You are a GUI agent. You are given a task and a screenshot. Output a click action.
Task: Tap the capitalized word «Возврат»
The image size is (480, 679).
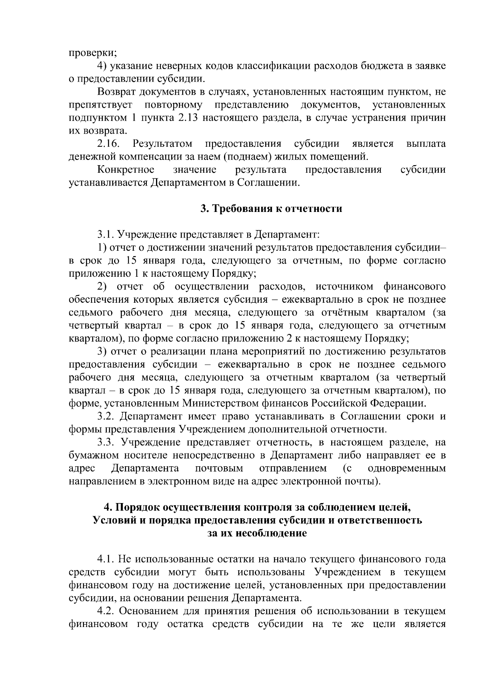click(116, 92)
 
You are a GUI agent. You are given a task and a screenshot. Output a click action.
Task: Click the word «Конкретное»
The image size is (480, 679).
click(126, 170)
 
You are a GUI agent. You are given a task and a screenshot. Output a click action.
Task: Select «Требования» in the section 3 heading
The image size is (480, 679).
click(238, 209)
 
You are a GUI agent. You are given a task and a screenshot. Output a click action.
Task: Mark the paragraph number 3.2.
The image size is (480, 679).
click(106, 417)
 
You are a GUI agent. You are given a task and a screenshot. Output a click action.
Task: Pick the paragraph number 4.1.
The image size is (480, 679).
click(106, 559)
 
